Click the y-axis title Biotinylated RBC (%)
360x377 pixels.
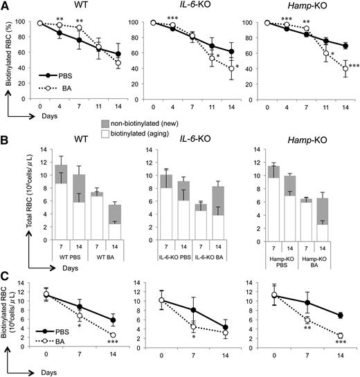(8, 57)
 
